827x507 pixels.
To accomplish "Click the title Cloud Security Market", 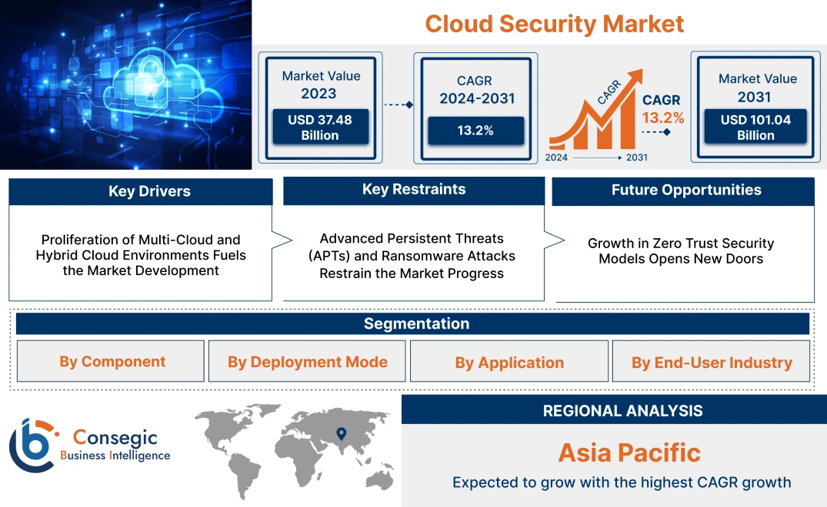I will click(554, 23).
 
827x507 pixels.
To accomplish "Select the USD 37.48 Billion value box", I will click(319, 127).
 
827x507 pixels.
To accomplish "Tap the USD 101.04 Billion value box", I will click(755, 127).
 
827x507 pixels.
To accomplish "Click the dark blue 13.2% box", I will click(475, 131).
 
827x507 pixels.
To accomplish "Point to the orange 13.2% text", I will click(663, 118).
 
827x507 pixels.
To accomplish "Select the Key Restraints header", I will click(414, 190).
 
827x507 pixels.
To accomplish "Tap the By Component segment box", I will click(112, 362).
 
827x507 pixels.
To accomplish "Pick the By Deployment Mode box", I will click(307, 362).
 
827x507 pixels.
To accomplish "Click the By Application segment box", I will click(509, 363).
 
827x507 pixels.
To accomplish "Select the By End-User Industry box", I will click(711, 363).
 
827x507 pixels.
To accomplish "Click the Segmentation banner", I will click(415, 323).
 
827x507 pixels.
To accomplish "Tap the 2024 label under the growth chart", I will click(557, 157).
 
